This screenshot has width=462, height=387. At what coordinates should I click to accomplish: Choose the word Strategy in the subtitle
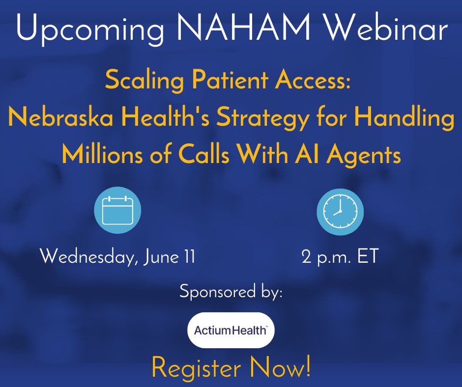pos(281,119)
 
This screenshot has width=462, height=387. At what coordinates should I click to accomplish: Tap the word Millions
pos(105,155)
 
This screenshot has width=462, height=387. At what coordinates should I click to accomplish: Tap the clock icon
pos(340,211)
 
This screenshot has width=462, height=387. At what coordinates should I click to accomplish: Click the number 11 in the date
pos(188,256)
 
